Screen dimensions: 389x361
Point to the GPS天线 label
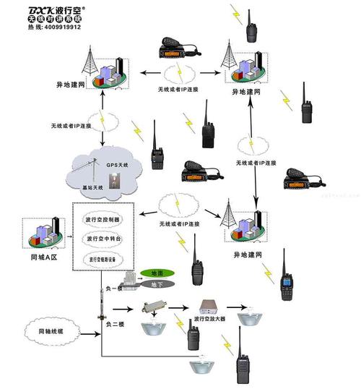[x=117, y=166]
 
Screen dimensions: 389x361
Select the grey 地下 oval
[x=155, y=286]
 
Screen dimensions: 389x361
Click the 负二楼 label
[x=110, y=324]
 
